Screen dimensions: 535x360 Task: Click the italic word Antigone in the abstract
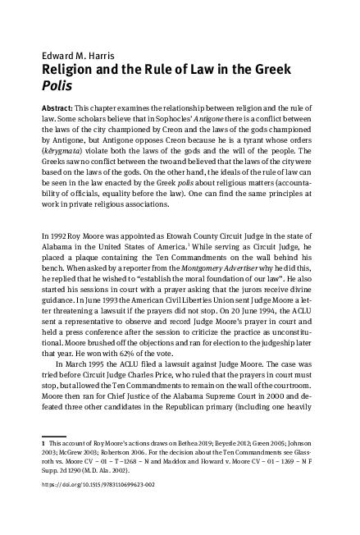[x=221, y=119]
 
